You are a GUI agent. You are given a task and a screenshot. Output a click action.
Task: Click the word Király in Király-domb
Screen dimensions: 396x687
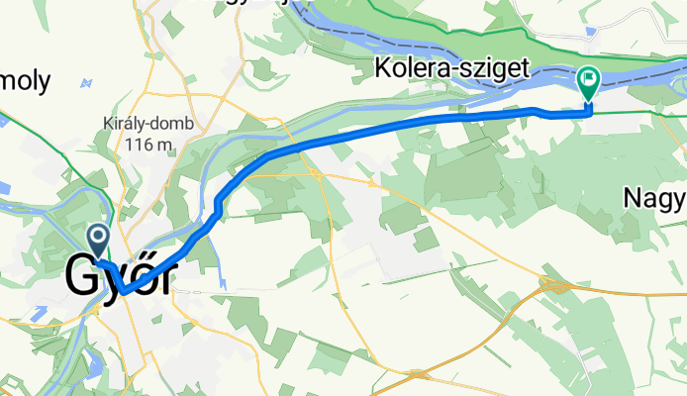coord(126,126)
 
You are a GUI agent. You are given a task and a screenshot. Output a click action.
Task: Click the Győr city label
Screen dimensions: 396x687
coord(118,278)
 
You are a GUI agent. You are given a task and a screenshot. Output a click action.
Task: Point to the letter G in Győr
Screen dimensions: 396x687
coord(83,278)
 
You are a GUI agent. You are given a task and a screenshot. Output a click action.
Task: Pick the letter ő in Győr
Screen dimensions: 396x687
coord(140,278)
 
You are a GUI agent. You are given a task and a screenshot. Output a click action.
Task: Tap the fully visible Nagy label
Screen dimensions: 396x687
coord(654,198)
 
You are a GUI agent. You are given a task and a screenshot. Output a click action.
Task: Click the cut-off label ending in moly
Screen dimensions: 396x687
coord(24,83)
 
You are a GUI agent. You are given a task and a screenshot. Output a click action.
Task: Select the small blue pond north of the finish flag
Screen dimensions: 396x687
coord(591,31)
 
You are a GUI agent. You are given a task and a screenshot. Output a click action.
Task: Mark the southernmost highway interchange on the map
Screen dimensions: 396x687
coord(420,374)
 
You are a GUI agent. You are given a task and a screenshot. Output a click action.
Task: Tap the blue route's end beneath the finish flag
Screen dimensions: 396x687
coord(589,112)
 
